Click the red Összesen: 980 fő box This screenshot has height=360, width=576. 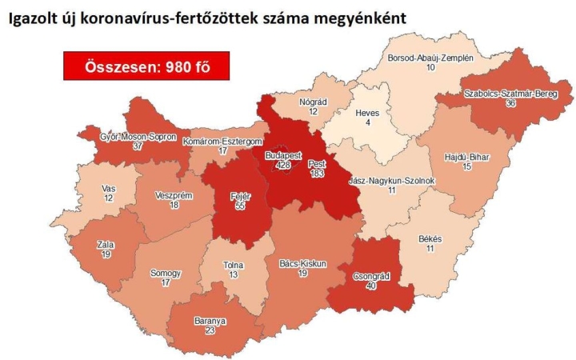tap(146, 66)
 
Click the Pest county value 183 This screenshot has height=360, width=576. tap(318, 173)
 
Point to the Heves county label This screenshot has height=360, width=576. tap(366, 113)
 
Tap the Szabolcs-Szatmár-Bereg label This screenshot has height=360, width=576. tap(510, 94)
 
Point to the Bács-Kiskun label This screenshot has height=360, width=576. tap(302, 263)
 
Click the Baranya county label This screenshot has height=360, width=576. tap(210, 322)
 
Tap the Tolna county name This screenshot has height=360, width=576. tap(234, 266)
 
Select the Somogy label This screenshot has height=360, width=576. tap(166, 274)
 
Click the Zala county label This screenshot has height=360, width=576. tap(106, 245)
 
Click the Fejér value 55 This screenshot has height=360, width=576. tap(238, 206)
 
